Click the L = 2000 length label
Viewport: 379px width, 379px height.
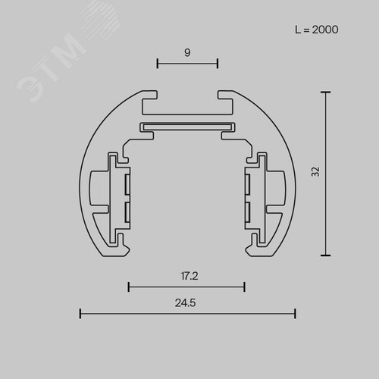tap(316, 30)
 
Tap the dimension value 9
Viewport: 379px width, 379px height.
tap(187, 52)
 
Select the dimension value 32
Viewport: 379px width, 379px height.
tap(315, 172)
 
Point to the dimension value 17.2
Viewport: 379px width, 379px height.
tap(189, 276)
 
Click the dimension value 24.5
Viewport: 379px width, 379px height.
tap(185, 302)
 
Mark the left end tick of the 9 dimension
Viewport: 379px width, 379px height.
tap(157, 64)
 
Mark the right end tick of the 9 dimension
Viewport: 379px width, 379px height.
tap(218, 64)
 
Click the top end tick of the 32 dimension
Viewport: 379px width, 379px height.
tap(325, 92)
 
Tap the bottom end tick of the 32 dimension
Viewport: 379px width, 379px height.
tap(325, 255)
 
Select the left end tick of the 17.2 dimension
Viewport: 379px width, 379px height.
tap(129, 287)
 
